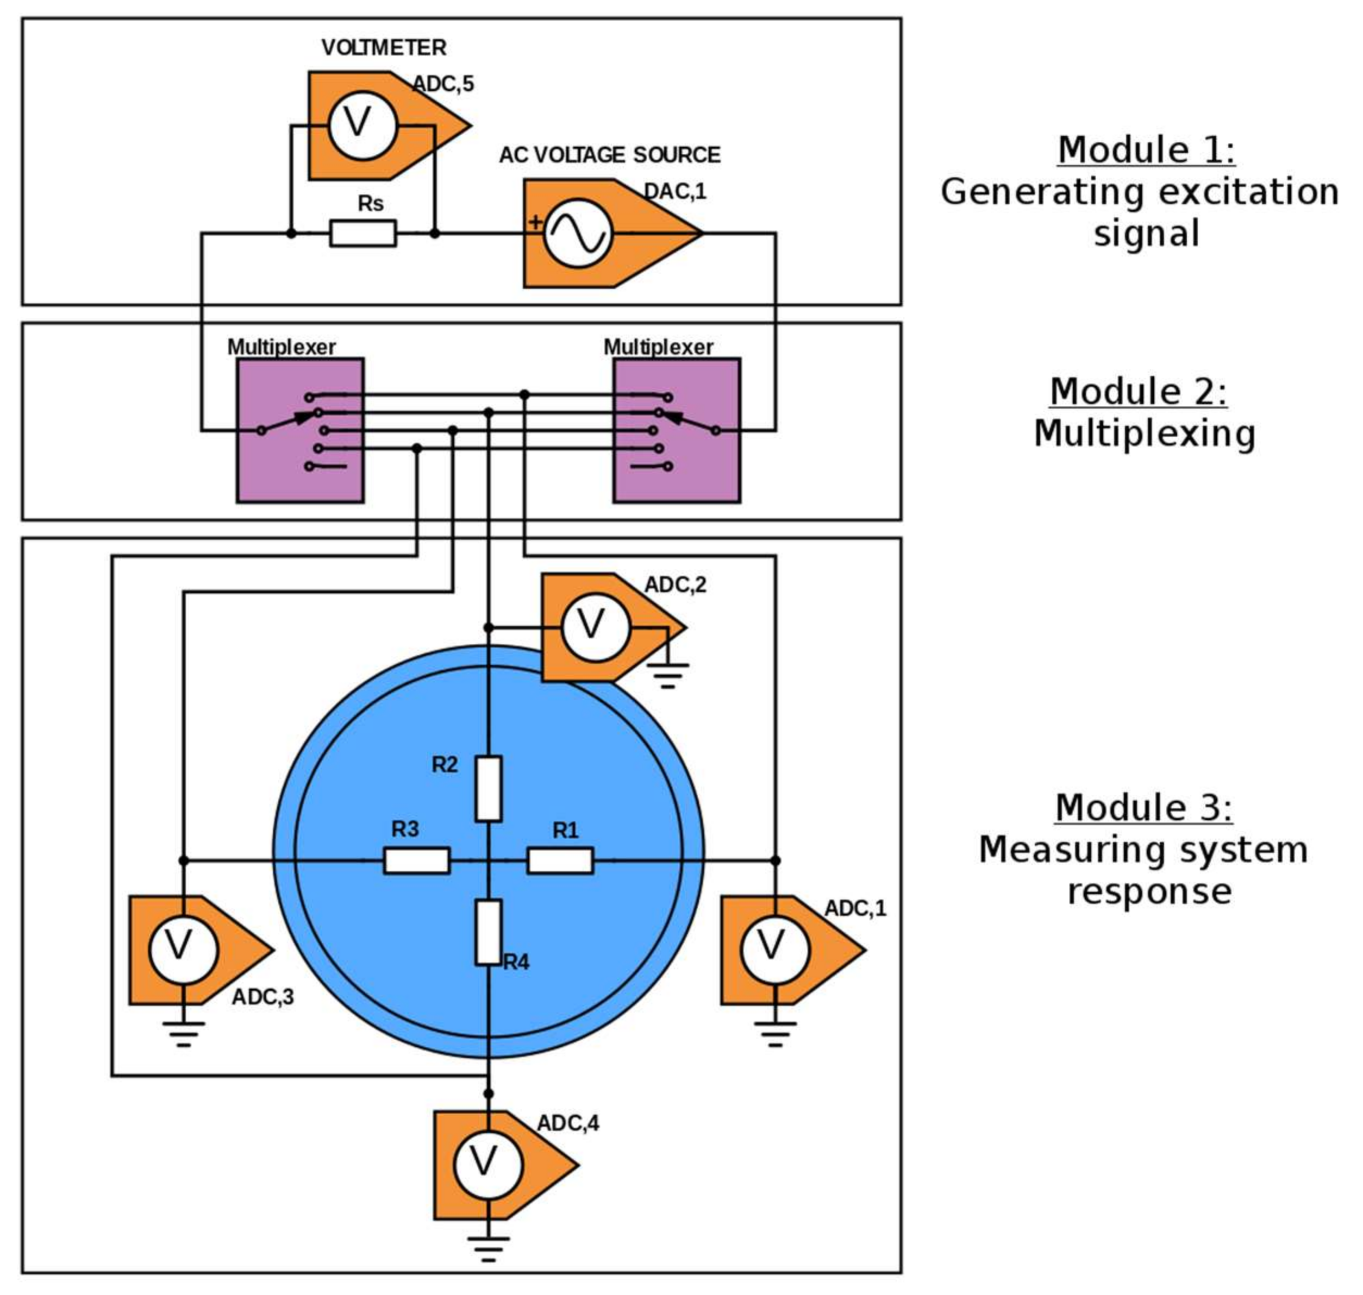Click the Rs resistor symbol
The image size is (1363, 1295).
(362, 234)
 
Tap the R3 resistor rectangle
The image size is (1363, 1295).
(416, 861)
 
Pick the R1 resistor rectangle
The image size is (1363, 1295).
(559, 861)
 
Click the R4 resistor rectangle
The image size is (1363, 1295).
(488, 932)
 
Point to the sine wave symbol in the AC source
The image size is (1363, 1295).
(577, 234)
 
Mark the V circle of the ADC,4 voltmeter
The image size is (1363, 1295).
(487, 1165)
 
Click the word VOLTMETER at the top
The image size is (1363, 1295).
(384, 48)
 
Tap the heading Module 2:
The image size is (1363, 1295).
(1138, 392)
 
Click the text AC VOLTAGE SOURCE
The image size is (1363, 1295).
(609, 155)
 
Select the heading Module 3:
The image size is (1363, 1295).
(1143, 808)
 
